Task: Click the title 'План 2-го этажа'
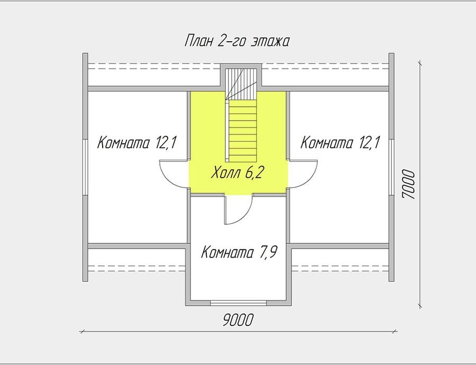(237, 41)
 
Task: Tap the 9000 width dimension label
(237, 320)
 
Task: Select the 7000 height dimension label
(408, 184)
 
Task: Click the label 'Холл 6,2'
(236, 173)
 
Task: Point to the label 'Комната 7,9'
(239, 252)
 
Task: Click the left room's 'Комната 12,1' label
(137, 142)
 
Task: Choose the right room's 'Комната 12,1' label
(340, 142)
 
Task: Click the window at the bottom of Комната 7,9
(239, 303)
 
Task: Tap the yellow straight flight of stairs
(243, 131)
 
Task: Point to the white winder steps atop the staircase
(241, 84)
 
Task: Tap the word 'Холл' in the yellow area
(225, 173)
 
